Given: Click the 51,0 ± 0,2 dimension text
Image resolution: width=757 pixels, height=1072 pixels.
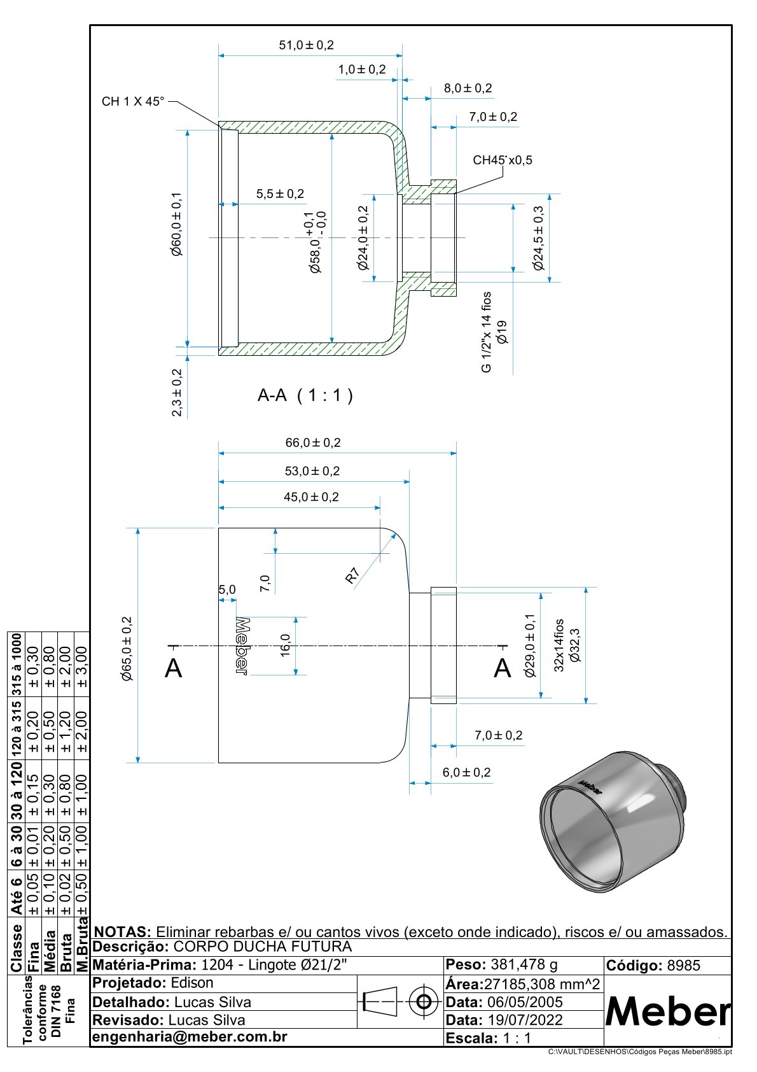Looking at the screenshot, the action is point(306,45).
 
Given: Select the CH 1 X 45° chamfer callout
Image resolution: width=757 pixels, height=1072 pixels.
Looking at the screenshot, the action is point(133,101).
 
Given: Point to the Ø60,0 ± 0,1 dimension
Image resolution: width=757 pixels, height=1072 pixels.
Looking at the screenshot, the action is point(176,225).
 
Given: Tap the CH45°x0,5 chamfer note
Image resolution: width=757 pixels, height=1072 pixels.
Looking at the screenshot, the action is point(502,160).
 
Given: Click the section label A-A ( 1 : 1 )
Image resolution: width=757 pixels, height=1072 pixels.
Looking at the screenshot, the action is point(305,395).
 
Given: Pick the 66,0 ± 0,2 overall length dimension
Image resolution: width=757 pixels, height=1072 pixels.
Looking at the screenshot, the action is point(313,442).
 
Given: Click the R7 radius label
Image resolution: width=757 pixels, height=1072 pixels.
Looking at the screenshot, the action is point(352,575).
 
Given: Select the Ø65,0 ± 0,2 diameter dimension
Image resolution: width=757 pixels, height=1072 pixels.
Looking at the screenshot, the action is point(127,649).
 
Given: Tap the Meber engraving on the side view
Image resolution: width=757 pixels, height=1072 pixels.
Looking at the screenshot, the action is point(242,646).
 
